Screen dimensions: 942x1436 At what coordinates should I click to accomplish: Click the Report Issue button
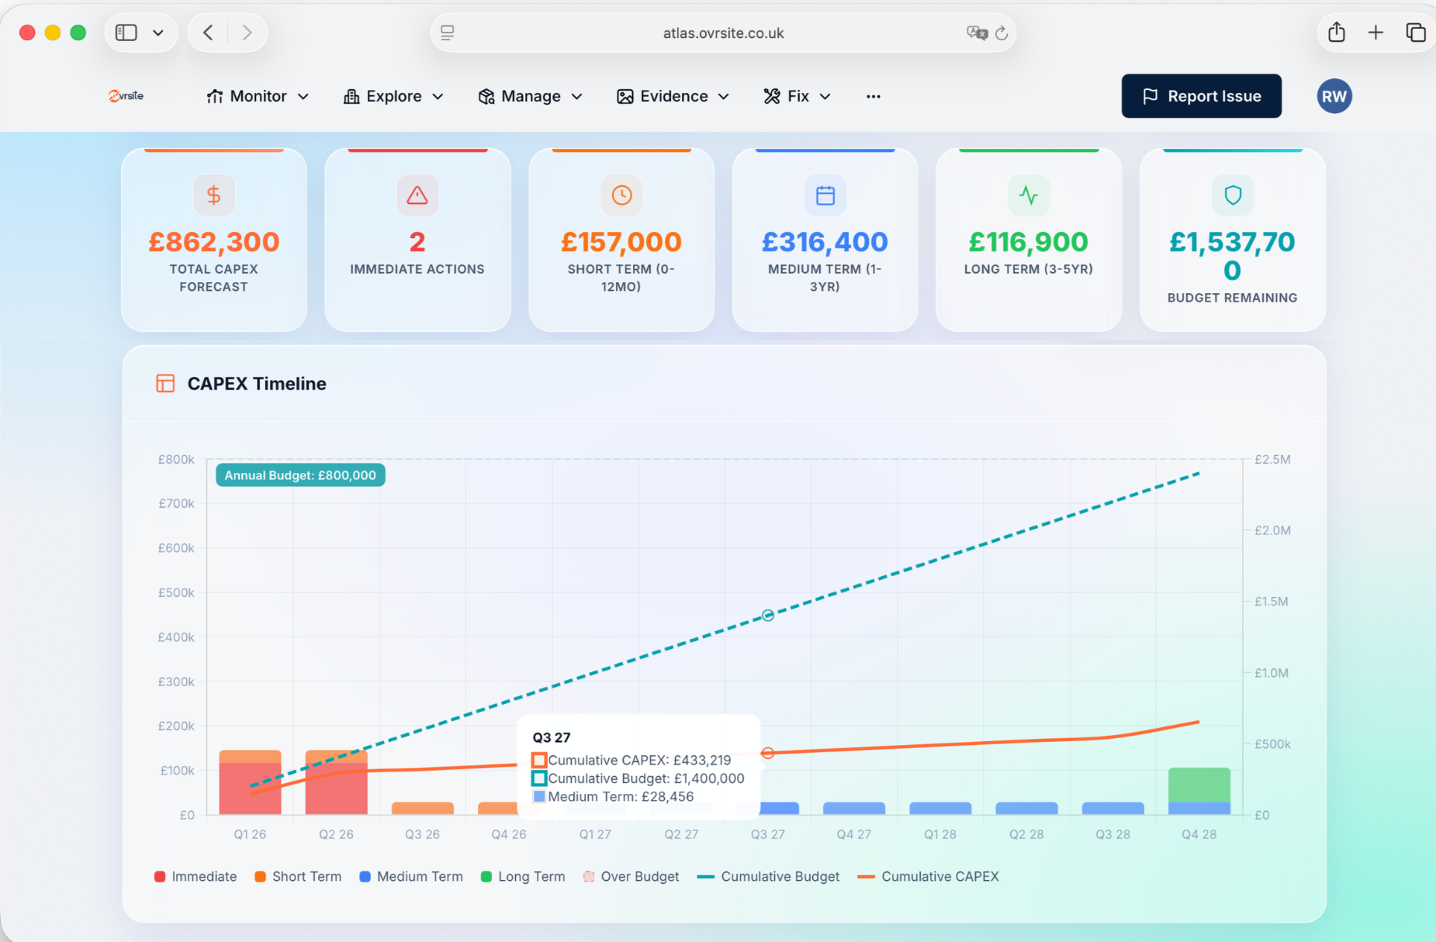tap(1201, 96)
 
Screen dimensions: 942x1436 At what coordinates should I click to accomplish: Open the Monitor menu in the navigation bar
tap(258, 96)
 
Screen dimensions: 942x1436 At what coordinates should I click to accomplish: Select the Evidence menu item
tap(673, 96)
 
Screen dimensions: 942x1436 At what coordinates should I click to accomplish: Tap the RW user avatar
tap(1334, 96)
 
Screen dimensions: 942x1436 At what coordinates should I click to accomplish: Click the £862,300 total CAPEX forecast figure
tap(213, 242)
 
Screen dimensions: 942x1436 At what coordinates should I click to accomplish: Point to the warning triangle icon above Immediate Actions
tap(417, 195)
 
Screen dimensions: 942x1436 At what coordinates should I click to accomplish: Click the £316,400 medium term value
tap(825, 242)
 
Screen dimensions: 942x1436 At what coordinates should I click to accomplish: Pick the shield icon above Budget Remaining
tap(1232, 195)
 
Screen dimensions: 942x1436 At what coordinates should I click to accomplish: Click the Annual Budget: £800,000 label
tap(300, 475)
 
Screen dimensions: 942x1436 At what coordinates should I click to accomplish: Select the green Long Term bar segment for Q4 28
tap(1199, 785)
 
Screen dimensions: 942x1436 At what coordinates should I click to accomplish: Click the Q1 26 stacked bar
tap(250, 783)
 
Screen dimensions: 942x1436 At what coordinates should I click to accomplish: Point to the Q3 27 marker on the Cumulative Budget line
tap(767, 616)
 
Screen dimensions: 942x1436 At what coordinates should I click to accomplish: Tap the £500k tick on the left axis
tap(176, 592)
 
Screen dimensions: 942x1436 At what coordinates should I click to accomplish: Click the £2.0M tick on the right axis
tap(1272, 530)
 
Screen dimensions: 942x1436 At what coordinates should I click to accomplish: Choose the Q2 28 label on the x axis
tap(1026, 834)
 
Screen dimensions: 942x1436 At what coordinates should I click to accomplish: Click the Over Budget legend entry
tap(631, 876)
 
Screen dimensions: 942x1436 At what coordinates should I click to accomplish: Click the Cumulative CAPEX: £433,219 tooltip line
tap(638, 760)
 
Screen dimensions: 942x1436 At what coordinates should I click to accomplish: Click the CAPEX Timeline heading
tap(257, 384)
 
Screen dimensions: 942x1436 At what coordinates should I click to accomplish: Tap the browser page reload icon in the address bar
tap(1002, 33)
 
